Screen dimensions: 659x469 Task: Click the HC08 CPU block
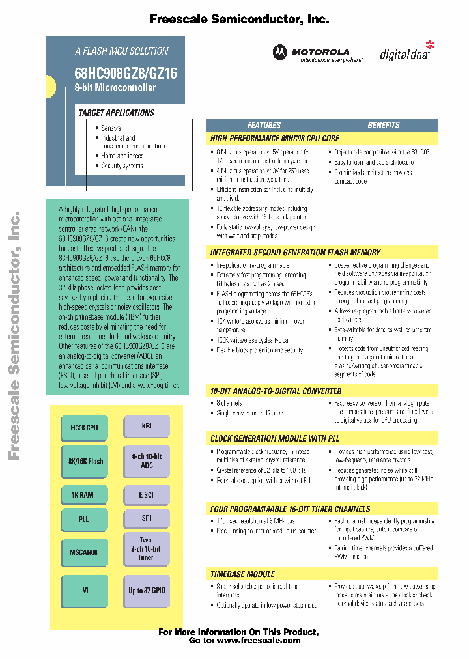(x=84, y=427)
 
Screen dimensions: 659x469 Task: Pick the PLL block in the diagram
(x=83, y=520)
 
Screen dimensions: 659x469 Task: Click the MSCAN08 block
(x=84, y=552)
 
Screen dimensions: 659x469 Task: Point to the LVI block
(x=83, y=590)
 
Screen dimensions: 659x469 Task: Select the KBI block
(x=147, y=426)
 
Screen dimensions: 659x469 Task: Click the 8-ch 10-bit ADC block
(x=147, y=461)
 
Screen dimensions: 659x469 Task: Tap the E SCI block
(x=147, y=495)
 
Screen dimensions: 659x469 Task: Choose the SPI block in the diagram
(x=147, y=518)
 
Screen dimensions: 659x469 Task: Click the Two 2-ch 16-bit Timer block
(x=147, y=549)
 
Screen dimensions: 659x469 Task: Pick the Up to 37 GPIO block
(x=147, y=590)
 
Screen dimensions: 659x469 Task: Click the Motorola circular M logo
(x=279, y=52)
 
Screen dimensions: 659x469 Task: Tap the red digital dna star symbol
(x=429, y=45)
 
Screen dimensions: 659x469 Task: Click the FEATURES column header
(x=264, y=125)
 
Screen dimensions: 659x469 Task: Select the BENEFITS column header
(x=384, y=125)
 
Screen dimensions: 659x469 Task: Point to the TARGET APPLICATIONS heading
(x=117, y=113)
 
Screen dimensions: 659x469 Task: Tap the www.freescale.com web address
(x=259, y=640)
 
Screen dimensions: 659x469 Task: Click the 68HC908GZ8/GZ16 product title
(x=125, y=74)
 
